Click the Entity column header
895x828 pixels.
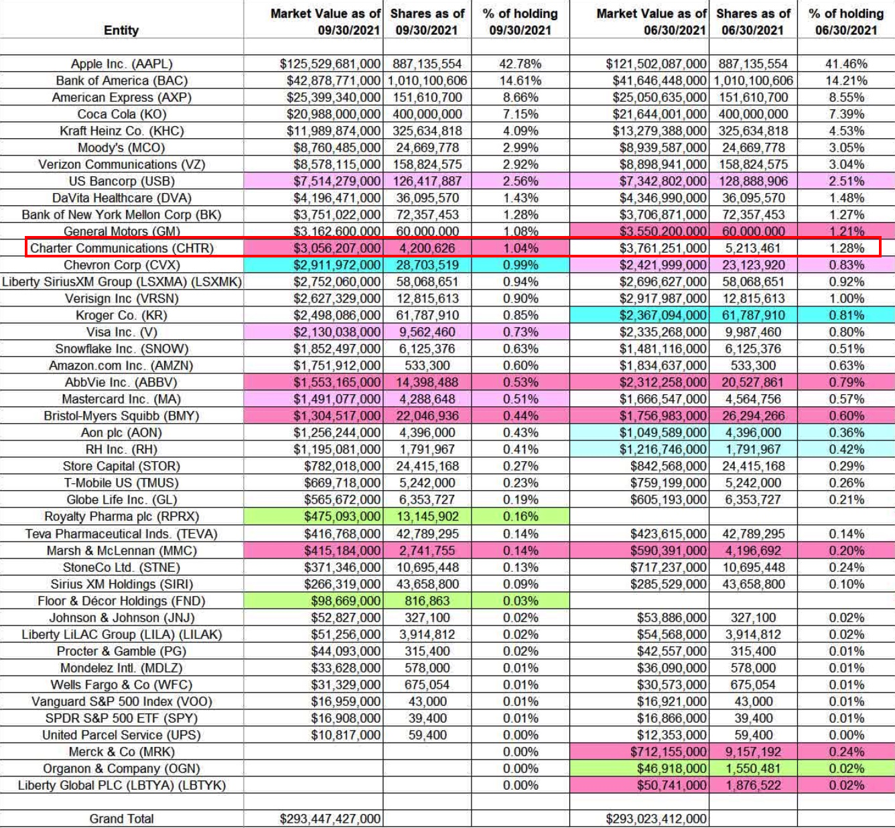click(x=121, y=30)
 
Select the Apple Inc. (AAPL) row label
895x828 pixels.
click(x=121, y=64)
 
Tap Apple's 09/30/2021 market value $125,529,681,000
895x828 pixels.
click(x=330, y=64)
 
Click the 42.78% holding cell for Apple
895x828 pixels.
click(x=520, y=64)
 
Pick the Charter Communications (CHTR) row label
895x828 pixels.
click(x=122, y=248)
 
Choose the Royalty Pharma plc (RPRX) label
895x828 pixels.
click(x=121, y=516)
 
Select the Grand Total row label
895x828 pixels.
click(x=121, y=819)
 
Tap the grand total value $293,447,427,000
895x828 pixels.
click(x=330, y=819)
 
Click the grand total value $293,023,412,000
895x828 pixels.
click(x=656, y=819)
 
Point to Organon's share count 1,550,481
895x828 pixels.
click(x=753, y=768)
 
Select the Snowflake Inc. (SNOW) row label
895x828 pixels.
click(x=121, y=349)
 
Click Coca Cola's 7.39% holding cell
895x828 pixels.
click(x=846, y=114)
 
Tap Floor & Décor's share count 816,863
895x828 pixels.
click(x=427, y=601)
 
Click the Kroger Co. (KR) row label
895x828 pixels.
click(x=121, y=315)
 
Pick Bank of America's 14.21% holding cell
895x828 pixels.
click(x=846, y=80)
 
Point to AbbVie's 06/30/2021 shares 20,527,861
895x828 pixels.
click(x=753, y=382)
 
